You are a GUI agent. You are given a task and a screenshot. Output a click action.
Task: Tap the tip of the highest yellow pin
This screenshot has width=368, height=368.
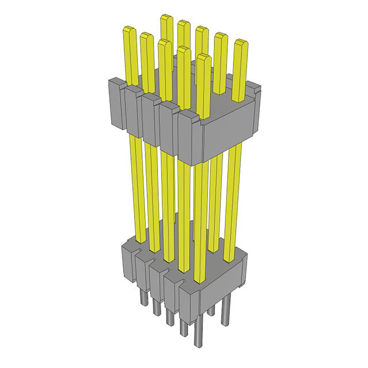[167, 20]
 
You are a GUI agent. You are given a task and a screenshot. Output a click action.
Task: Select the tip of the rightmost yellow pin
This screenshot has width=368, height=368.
[240, 44]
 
